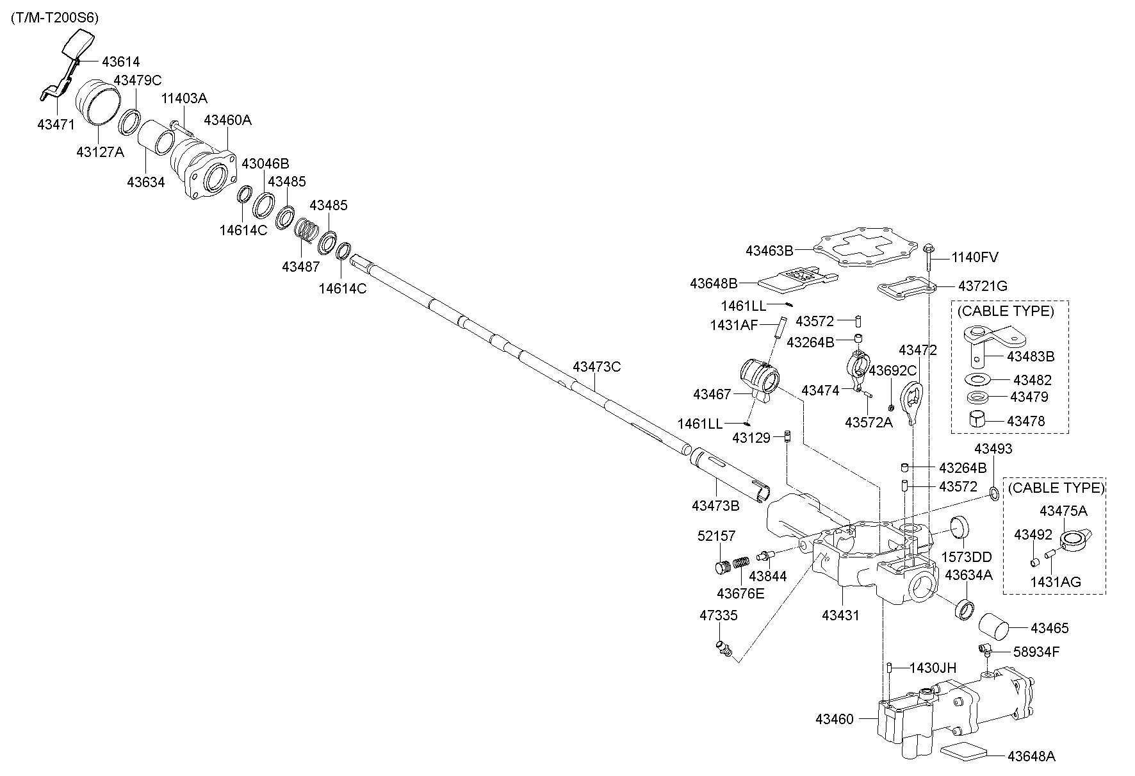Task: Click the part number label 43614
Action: click(120, 62)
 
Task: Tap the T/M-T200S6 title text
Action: click(54, 18)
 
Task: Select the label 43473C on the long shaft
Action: click(597, 367)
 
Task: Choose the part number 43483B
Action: click(1031, 356)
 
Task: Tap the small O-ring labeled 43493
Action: click(993, 494)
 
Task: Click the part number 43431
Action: click(840, 615)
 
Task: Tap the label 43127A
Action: click(101, 152)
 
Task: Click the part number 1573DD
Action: click(966, 557)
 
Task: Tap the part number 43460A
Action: click(227, 120)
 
